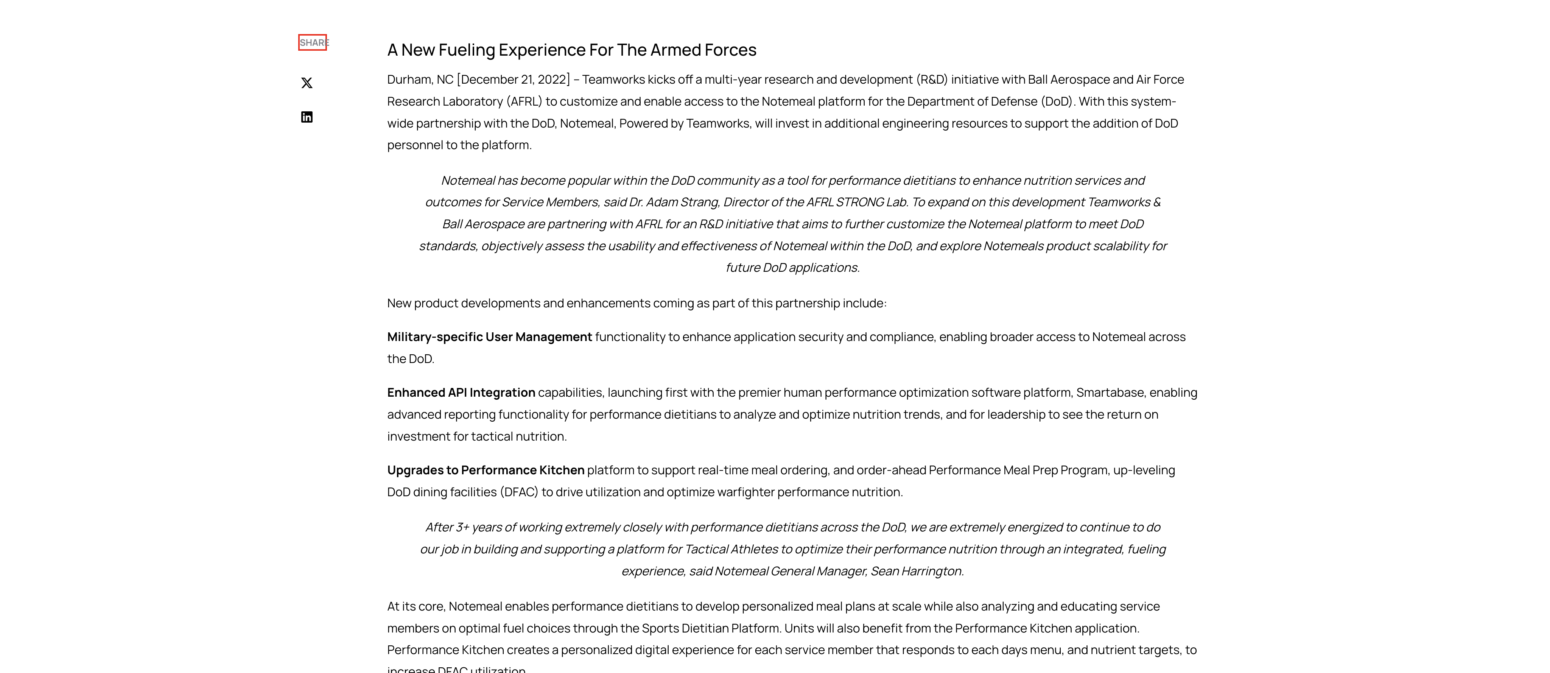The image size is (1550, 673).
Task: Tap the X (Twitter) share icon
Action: coord(307,83)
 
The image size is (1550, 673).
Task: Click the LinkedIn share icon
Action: coord(307,117)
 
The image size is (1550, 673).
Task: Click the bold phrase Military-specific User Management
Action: coord(489,337)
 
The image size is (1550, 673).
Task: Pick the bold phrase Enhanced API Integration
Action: coord(461,393)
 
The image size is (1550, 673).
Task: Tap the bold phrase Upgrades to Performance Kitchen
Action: coord(486,470)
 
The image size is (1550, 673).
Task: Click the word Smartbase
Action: coord(1110,393)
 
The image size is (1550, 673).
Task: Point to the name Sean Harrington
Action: coord(917,571)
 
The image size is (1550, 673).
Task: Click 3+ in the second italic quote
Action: coord(462,527)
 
